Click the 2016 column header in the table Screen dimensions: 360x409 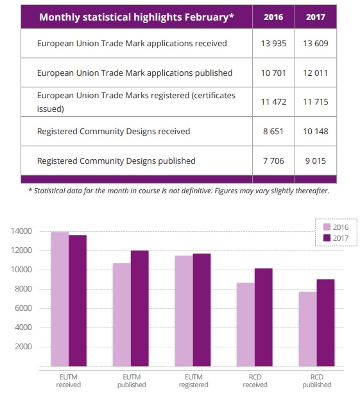(273, 17)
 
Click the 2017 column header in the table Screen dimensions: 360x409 (316, 17)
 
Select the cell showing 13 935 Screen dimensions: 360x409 (273, 43)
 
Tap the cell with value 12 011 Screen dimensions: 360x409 (316, 73)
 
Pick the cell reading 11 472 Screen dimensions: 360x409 (273, 101)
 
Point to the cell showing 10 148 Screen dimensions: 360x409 (316, 131)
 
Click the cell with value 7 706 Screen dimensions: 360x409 (273, 161)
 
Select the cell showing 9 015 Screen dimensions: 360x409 (316, 161)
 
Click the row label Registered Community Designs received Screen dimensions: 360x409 (114, 131)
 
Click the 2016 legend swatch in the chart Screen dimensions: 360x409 (327, 227)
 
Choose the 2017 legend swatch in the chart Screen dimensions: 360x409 (327, 238)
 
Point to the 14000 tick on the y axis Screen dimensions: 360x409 (21, 231)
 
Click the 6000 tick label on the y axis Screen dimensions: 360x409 (24, 308)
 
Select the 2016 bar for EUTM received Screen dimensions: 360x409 (60, 299)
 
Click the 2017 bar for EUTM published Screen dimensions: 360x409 (140, 308)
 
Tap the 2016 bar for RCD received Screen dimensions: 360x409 (246, 324)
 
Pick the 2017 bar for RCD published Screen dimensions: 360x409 (325, 323)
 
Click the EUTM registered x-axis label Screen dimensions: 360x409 (193, 381)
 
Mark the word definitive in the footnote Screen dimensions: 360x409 (197, 191)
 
